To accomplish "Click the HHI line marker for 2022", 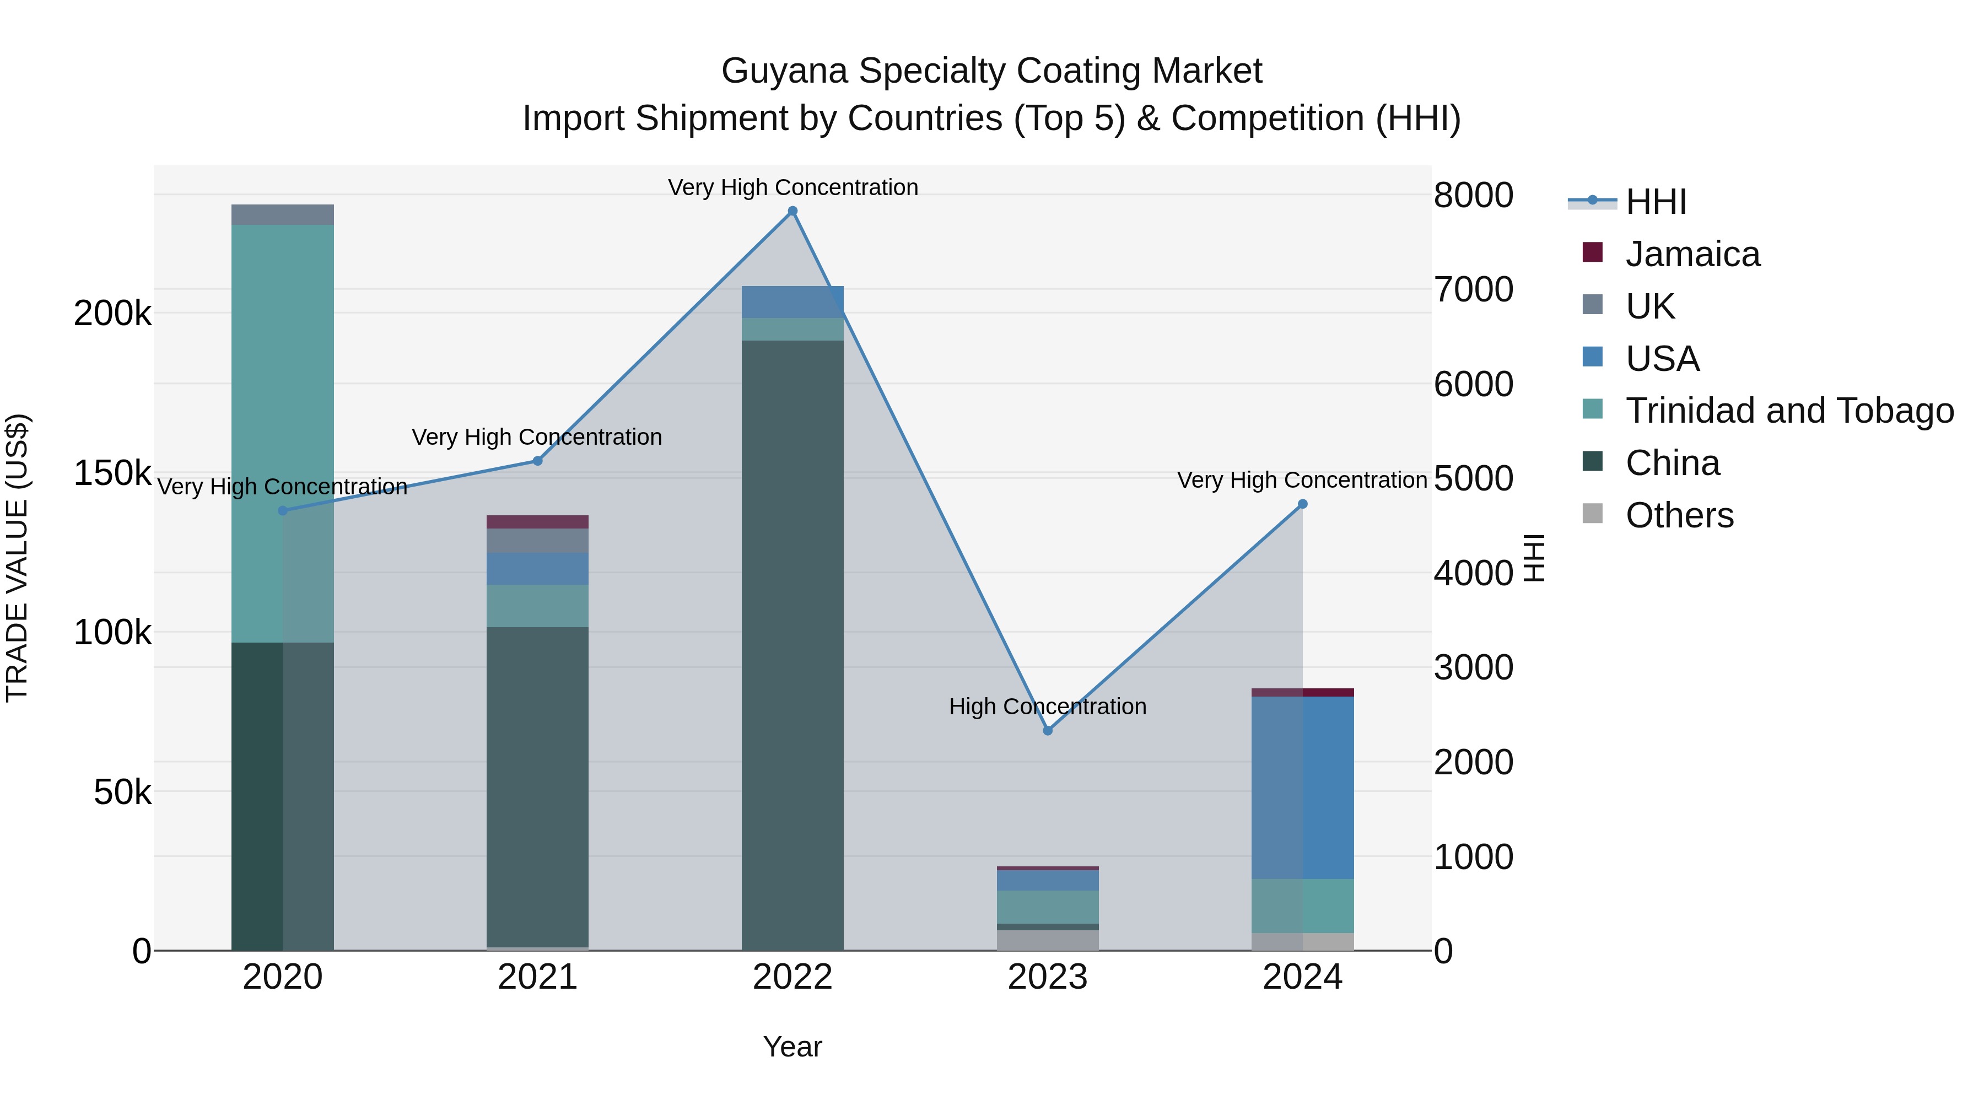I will (x=792, y=211).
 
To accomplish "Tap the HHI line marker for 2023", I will (x=1048, y=730).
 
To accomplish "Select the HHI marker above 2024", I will (x=1302, y=504).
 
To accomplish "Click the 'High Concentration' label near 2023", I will (x=1048, y=707).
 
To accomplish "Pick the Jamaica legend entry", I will (x=1692, y=254).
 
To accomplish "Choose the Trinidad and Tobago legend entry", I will (x=1789, y=411).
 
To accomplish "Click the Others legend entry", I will (x=1679, y=515).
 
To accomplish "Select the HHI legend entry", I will (x=1656, y=202).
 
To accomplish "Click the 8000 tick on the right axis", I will (x=1473, y=195).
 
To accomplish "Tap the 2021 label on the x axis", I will (x=537, y=977).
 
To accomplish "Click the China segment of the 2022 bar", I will (x=792, y=647).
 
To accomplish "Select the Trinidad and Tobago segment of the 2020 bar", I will (x=283, y=432).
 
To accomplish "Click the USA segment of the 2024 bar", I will (x=1302, y=785).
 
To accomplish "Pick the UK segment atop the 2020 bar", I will (x=283, y=215).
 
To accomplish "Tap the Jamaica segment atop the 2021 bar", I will (x=537, y=521).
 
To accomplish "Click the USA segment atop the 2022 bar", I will (x=792, y=302).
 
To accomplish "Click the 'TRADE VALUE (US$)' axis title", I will (x=17, y=558).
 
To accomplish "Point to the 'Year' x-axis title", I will (x=792, y=1047).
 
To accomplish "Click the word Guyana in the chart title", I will (x=785, y=71).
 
